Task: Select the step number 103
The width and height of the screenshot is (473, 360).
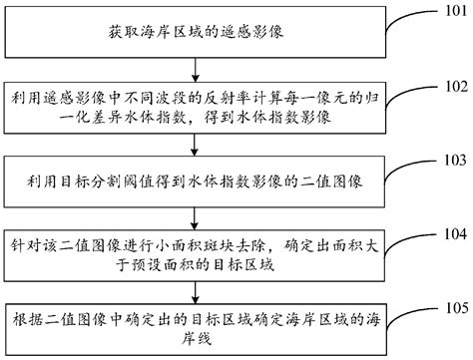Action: pos(455,159)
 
